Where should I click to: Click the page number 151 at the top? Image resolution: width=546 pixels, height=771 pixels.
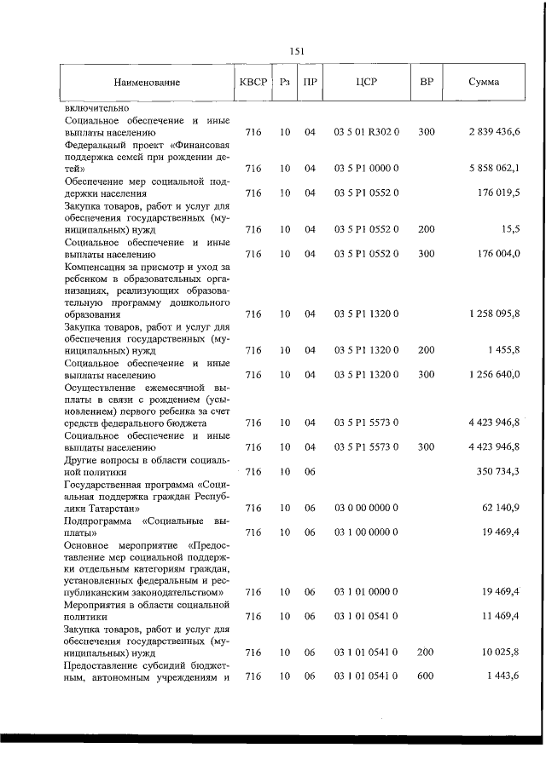297,51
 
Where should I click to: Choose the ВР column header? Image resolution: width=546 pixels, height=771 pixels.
426,83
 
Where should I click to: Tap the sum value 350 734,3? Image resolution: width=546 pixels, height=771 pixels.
497,471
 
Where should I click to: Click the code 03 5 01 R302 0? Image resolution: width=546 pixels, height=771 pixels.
367,133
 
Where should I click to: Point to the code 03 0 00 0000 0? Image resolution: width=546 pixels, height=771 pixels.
367,508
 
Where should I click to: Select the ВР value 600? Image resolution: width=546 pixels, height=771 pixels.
427,676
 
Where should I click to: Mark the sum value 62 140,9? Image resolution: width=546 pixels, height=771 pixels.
501,508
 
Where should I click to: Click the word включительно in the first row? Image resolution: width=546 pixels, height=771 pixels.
96,109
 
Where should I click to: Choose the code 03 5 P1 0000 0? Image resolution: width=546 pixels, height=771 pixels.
367,169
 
